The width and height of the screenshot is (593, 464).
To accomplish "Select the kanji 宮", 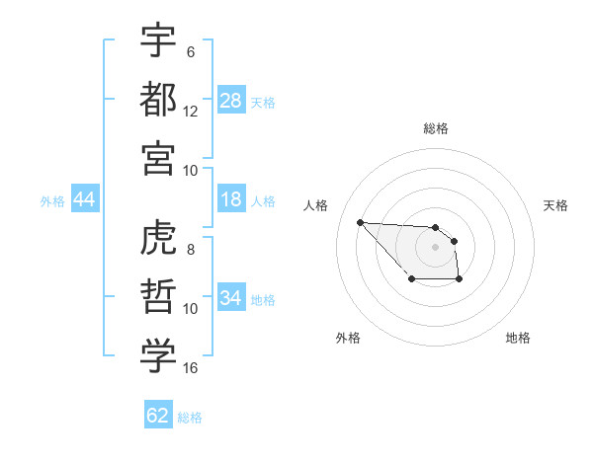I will (x=158, y=157).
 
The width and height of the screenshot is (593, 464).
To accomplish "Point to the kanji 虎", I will (x=158, y=240).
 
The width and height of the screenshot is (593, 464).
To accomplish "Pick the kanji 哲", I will (x=158, y=297).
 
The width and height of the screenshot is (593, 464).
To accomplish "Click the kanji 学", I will (x=158, y=356).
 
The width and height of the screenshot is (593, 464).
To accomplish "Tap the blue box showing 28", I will (x=231, y=101).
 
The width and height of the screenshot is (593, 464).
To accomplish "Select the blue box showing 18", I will (x=231, y=200).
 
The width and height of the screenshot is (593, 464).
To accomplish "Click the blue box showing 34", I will (x=231, y=299).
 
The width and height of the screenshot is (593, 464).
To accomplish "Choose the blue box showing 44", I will (x=84, y=200).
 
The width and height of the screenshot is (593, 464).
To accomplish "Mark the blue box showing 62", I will (x=158, y=416).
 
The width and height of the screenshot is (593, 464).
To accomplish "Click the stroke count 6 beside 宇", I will (x=191, y=52).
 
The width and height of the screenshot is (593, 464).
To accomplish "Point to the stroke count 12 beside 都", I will (x=191, y=112).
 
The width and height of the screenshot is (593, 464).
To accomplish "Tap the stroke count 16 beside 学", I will (x=191, y=368).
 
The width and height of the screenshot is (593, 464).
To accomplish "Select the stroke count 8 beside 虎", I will (x=191, y=251).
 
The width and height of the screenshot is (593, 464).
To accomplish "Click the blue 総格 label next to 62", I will (x=190, y=418).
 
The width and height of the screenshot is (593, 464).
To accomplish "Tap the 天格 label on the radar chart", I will (x=555, y=205).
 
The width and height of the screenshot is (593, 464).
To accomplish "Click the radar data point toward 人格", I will (x=360, y=222).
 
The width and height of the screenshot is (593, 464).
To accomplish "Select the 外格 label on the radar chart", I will (x=348, y=338).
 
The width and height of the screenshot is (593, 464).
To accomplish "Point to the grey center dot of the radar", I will (x=435, y=246).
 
